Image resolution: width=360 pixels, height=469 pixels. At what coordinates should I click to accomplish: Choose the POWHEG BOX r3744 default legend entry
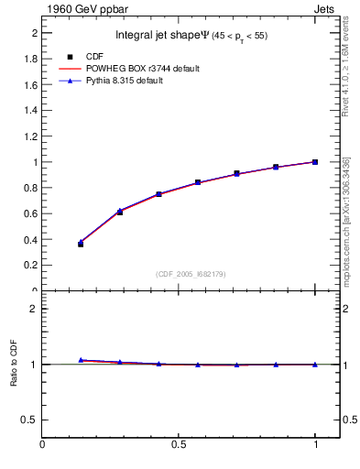pyautogui.click(x=141, y=69)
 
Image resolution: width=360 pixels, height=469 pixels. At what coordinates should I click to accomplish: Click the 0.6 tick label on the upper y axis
pyautogui.click(x=29, y=213)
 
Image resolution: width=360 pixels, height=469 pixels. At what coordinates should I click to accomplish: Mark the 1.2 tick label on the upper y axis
pyautogui.click(x=29, y=136)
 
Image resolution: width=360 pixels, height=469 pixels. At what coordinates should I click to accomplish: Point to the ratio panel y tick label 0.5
pyautogui.click(x=29, y=420)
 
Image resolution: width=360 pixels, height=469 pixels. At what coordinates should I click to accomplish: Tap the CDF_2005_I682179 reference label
pyautogui.click(x=190, y=273)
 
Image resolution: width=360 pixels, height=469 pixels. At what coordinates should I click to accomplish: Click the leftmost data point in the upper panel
pyautogui.click(x=81, y=244)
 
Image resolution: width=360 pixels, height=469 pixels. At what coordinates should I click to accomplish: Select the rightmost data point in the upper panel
pyautogui.click(x=315, y=162)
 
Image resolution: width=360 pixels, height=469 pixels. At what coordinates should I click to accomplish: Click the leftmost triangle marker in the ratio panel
pyautogui.click(x=81, y=360)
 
